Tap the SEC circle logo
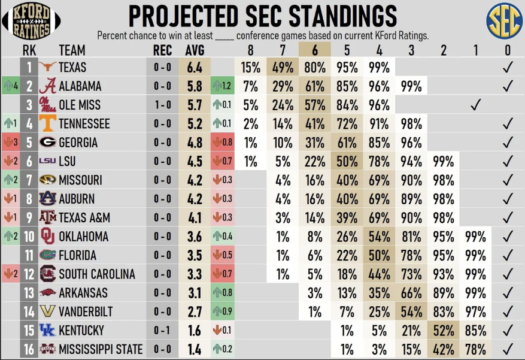tap(503, 21)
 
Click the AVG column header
tap(195, 50)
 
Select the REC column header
tap(162, 50)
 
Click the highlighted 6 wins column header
tap(315, 50)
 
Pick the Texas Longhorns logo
tap(48, 67)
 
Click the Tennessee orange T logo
tap(48, 124)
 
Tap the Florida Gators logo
tap(48, 256)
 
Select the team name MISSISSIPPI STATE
tap(101, 349)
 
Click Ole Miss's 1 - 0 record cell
tap(162, 105)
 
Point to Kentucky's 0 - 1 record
tap(162, 331)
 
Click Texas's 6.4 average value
tap(195, 68)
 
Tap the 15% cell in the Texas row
tap(251, 68)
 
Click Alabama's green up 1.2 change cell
tap(223, 86)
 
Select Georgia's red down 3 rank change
tap(10, 143)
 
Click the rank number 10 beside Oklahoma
tap(29, 237)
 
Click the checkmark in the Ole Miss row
tap(476, 105)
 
